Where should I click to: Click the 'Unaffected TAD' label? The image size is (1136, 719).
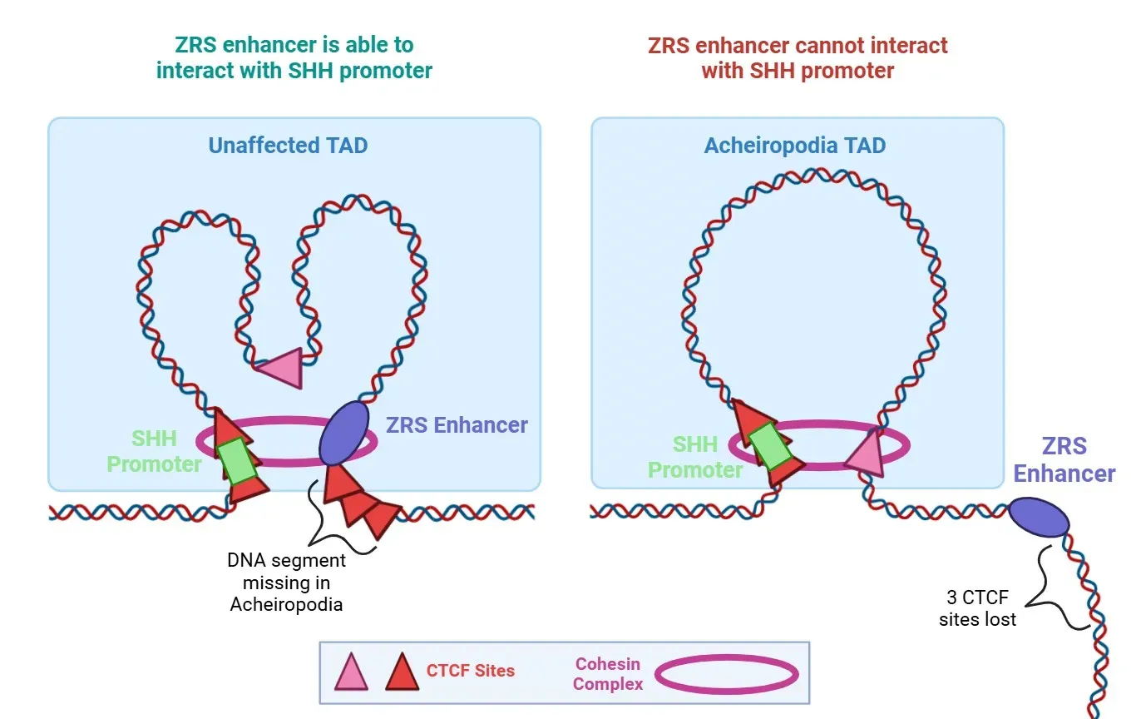pos(288,146)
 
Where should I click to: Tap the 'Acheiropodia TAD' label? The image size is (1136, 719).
pos(795,146)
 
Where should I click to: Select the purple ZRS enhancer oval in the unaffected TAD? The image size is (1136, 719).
pos(343,433)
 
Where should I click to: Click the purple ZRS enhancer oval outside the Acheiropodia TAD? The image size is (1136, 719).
pos(1039,518)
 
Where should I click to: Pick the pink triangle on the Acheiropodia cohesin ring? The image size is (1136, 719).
pos(865,454)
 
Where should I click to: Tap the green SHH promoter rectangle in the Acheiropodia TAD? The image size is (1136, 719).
pos(770,445)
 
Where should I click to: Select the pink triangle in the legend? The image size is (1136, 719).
pos(351,672)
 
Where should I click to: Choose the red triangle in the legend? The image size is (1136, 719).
pos(402,672)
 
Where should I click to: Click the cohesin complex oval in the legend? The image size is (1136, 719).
pos(725,674)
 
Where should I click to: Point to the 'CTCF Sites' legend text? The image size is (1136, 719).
pos(470,671)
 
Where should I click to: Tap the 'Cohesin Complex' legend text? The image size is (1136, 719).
pos(608,674)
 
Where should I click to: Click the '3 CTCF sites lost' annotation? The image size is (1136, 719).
pos(977,608)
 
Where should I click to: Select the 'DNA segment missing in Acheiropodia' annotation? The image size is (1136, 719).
pos(287,583)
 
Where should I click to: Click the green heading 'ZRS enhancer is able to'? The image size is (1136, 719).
pos(294,45)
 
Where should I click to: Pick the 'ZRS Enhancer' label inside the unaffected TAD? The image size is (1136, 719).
pos(457,425)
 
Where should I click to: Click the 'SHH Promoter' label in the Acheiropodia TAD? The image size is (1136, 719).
pos(695,457)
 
